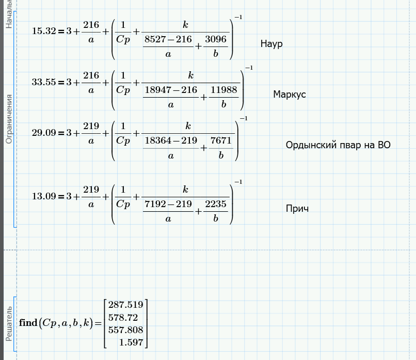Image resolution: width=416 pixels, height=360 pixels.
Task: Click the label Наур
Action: tap(271, 44)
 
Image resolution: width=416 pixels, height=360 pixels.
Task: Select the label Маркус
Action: tap(290, 95)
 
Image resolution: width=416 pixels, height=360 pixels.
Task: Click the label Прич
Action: tap(297, 209)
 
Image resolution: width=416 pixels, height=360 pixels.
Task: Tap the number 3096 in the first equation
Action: tap(215, 39)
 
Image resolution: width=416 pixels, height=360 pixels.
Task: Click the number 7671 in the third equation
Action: tap(220, 141)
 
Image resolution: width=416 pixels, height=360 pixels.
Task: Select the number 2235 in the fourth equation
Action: tap(215, 204)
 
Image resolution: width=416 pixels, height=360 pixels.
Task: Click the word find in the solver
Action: tap(28, 323)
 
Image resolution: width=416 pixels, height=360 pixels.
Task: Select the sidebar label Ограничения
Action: tap(8, 119)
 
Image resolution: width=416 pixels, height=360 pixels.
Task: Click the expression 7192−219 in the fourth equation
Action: tap(169, 204)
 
